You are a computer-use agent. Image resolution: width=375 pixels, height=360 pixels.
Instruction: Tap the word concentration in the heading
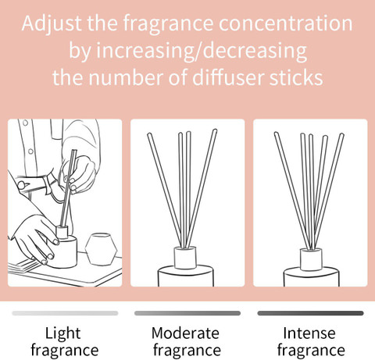[x=286, y=23]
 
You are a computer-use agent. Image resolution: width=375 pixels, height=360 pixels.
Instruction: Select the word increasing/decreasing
[x=202, y=51]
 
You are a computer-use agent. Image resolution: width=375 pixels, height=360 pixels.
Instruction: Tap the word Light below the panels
[x=62, y=333]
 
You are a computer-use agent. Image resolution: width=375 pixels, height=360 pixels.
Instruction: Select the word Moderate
[x=185, y=333]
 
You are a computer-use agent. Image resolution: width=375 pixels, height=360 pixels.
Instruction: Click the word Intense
[x=309, y=333]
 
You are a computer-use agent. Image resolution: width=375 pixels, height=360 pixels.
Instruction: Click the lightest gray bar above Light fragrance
[x=65, y=313]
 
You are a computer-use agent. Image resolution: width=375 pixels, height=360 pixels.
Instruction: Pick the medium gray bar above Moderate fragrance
[x=187, y=313]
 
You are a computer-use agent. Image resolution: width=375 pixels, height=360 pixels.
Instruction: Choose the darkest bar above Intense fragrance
[x=310, y=313]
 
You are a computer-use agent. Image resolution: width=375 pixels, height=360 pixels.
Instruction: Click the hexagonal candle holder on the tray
[x=102, y=249]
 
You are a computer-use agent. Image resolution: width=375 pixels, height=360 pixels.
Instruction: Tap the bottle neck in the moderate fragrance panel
[x=185, y=258]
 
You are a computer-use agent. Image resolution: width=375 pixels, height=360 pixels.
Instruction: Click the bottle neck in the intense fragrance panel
[x=311, y=259]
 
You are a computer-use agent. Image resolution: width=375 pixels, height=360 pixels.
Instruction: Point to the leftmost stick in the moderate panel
[x=165, y=190]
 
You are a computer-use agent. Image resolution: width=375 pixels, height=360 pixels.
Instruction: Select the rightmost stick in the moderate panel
[x=201, y=188]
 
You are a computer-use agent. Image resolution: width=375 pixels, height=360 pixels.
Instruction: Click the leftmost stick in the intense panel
[x=291, y=191]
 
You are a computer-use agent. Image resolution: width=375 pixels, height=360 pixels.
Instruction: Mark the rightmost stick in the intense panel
[x=329, y=191]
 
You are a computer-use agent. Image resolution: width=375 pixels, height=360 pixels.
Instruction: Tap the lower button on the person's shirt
[x=30, y=151]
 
